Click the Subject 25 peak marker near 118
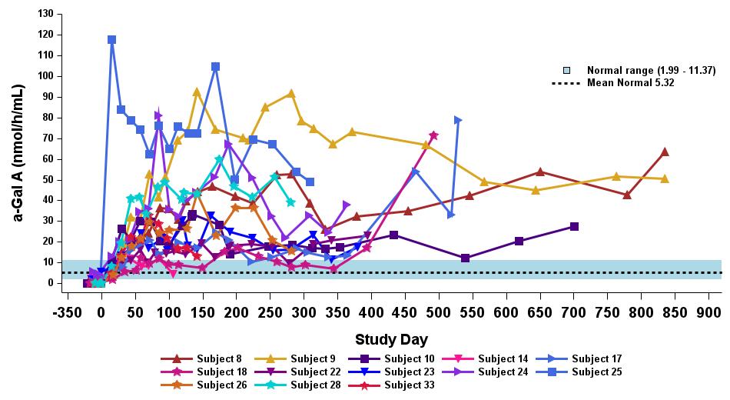click(x=112, y=39)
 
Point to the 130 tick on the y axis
click(x=48, y=14)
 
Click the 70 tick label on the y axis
click(x=48, y=138)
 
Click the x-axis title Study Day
click(x=391, y=339)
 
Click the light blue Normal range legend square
click(x=566, y=71)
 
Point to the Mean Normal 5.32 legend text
click(x=630, y=82)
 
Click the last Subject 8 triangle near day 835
click(x=665, y=152)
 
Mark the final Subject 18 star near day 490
click(x=433, y=135)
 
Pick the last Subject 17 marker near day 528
click(x=458, y=120)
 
